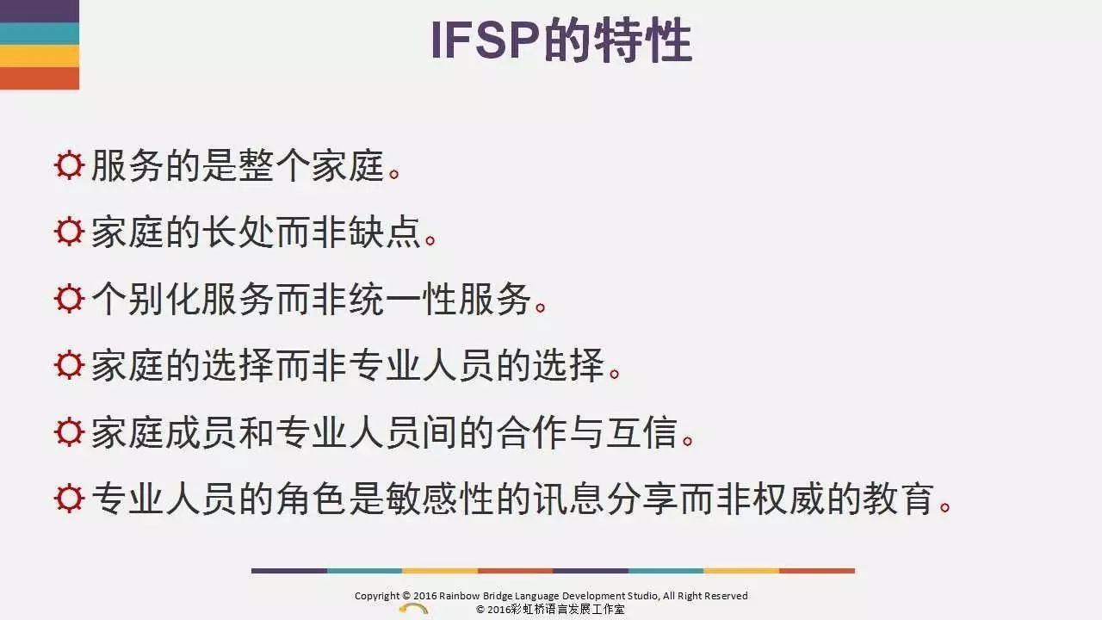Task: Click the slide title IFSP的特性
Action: [561, 40]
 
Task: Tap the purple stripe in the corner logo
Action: [40, 11]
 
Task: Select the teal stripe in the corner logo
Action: [40, 34]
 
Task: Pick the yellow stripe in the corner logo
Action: [40, 56]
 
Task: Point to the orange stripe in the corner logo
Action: [40, 78]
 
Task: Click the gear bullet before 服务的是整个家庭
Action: [69, 164]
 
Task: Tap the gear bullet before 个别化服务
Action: [69, 299]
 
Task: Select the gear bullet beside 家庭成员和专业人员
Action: [69, 432]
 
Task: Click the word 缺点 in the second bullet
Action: [385, 232]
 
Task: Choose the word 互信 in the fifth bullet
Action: [641, 432]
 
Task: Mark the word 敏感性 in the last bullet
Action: [439, 499]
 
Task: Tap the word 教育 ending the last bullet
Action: [899, 499]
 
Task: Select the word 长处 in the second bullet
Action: [238, 232]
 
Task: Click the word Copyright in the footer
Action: [377, 596]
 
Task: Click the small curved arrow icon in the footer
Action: [413, 609]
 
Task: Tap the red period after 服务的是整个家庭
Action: [393, 174]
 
